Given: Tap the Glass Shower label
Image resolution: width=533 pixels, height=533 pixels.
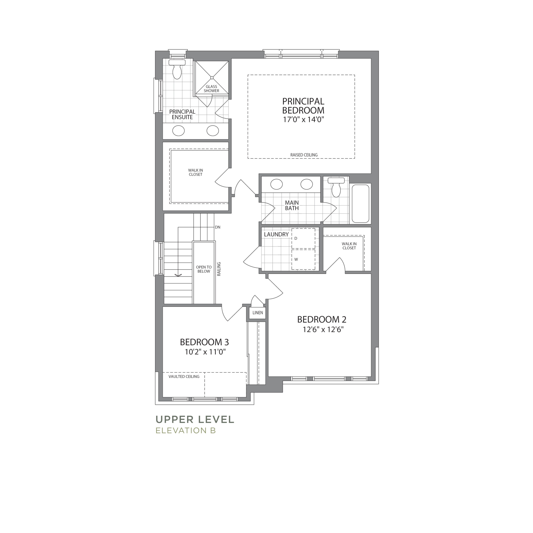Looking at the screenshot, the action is pos(211,88).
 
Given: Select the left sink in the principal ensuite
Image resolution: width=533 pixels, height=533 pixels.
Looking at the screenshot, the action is pos(178,131).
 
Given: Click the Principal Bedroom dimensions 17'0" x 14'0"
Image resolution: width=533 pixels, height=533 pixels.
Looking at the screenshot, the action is pos(303,120).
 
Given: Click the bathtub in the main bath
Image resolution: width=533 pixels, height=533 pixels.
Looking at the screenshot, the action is pos(361,204).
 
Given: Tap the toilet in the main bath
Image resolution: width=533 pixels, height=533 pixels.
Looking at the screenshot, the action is pos(336,187).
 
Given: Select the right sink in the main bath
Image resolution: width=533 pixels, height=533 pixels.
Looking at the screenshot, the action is pos(306,184).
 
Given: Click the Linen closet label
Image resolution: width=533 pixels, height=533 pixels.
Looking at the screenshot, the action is pos(258,313).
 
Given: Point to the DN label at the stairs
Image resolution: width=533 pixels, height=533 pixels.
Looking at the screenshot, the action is pos(217,227).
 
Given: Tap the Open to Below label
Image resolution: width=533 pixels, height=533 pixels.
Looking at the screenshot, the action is pos(204,269).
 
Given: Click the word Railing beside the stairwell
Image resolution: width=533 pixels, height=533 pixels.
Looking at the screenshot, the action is pos(219,269).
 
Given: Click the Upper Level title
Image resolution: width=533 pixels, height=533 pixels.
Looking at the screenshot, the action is pos(195,420).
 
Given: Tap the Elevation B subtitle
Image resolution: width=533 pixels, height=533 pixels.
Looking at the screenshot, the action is pos(186,430).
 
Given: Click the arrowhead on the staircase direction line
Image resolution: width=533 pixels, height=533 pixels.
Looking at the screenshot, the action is pos(178,275).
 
